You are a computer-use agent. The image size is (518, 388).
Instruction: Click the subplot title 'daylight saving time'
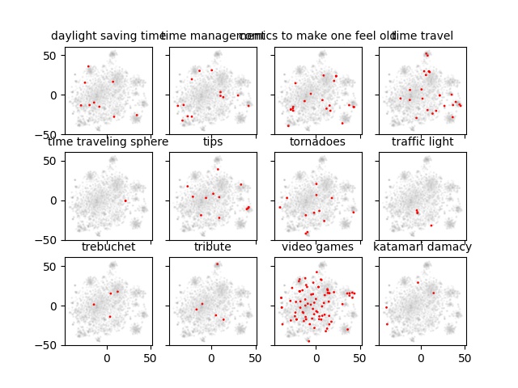click(x=108, y=36)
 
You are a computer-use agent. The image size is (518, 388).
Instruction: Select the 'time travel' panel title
click(x=422, y=36)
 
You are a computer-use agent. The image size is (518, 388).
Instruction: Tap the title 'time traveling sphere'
click(x=108, y=142)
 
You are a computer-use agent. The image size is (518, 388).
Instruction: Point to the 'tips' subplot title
click(x=213, y=142)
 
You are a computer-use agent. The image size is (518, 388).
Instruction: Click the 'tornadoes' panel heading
click(x=317, y=142)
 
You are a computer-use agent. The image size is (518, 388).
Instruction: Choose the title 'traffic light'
click(x=422, y=142)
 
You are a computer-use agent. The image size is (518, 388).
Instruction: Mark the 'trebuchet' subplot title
click(x=108, y=247)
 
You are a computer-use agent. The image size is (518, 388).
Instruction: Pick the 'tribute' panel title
click(x=213, y=247)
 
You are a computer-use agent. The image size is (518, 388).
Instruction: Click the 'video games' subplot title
click(x=317, y=247)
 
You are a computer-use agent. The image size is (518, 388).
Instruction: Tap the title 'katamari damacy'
click(x=422, y=247)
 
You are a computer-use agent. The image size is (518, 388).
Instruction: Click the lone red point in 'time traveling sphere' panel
click(x=125, y=200)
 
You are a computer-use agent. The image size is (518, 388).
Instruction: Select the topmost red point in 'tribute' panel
click(x=217, y=264)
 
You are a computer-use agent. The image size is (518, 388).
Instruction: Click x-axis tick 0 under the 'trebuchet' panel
click(x=107, y=357)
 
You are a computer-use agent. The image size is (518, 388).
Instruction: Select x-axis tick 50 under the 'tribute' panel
click(x=255, y=357)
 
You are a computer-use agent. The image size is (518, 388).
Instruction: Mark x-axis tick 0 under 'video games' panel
click(x=316, y=357)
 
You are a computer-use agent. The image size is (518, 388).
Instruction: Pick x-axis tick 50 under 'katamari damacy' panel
click(x=465, y=357)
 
